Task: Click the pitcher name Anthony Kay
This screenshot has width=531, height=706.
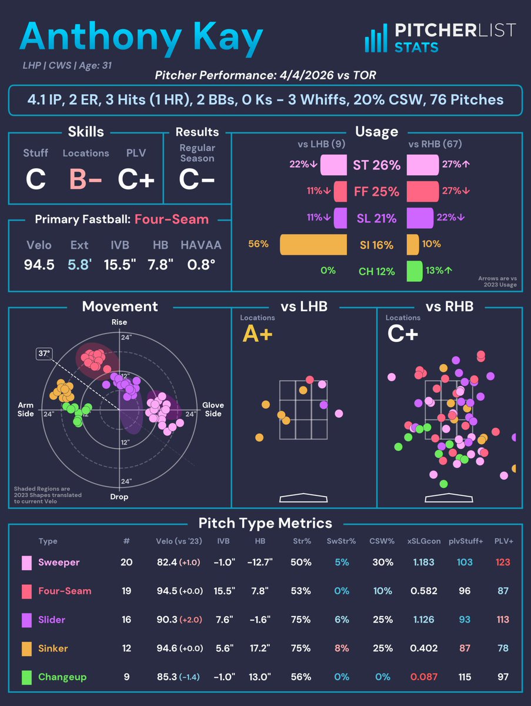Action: coord(141,38)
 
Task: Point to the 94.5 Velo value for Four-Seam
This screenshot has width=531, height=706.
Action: coord(39,265)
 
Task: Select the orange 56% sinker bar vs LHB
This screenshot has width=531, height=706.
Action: coord(313,244)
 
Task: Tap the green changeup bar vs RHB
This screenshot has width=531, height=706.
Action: coord(415,271)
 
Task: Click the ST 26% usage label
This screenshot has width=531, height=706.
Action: coord(377,165)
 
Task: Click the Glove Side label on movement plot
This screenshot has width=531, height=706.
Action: coord(213,409)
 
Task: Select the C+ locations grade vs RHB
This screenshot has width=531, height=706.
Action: coord(403,334)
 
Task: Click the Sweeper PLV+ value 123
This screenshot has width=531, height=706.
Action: coord(503,562)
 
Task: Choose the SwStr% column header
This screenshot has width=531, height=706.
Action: coord(341,541)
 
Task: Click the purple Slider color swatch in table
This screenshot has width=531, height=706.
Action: coord(26,620)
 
